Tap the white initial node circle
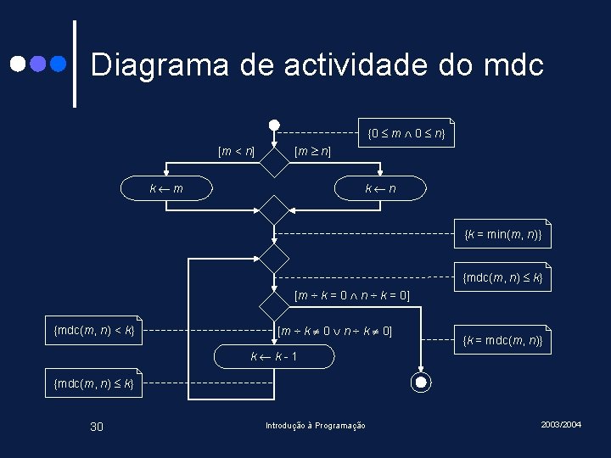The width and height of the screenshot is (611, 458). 274,126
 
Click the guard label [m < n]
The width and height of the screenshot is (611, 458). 237,152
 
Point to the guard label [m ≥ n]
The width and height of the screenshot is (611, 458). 311,152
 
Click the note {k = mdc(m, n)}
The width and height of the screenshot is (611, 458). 503,340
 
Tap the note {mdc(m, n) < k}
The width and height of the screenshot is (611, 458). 93,329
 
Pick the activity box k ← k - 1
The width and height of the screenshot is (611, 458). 273,357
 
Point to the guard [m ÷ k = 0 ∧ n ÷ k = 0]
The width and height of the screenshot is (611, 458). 352,296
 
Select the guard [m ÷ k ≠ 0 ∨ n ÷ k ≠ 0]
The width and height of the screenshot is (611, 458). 335,329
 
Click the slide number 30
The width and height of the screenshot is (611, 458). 97,426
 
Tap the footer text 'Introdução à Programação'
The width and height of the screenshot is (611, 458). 316,426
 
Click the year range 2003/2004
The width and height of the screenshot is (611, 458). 561,423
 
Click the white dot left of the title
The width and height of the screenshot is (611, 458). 18,64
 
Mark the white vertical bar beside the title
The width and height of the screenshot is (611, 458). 75,64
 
